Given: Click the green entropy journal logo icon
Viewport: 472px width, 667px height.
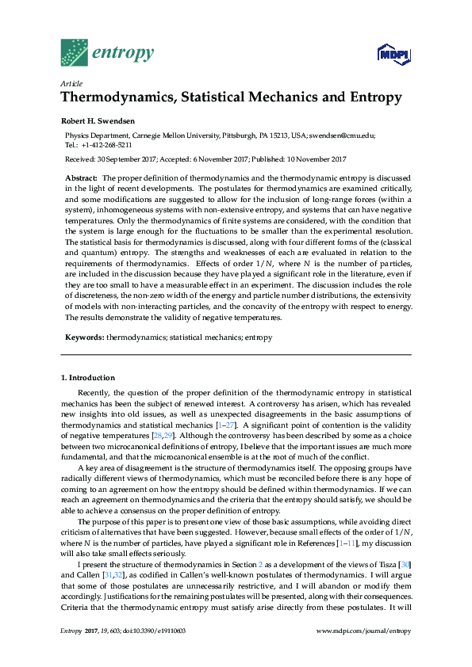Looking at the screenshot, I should pyautogui.click(x=75, y=52).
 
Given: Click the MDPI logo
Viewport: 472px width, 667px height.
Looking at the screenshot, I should pyautogui.click(x=393, y=54).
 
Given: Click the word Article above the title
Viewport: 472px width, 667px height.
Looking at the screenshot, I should pyautogui.click(x=71, y=83).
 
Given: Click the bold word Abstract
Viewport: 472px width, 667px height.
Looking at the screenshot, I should pyautogui.click(x=81, y=179).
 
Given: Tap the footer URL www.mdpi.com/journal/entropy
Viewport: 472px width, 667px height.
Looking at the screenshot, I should pyautogui.click(x=363, y=630).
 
